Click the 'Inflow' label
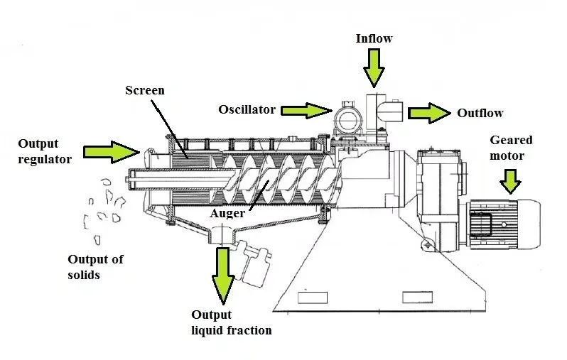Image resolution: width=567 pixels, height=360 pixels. click(x=374, y=38)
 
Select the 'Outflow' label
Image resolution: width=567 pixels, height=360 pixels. click(x=480, y=113)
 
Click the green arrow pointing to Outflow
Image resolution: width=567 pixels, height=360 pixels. click(x=429, y=112)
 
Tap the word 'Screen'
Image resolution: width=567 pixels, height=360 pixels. click(x=145, y=90)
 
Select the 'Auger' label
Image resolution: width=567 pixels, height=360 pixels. click(x=227, y=212)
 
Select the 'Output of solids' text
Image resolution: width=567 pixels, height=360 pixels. click(x=95, y=266)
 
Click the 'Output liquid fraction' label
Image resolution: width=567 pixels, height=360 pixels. click(x=231, y=322)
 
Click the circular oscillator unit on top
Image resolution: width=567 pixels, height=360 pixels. click(x=348, y=119)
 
